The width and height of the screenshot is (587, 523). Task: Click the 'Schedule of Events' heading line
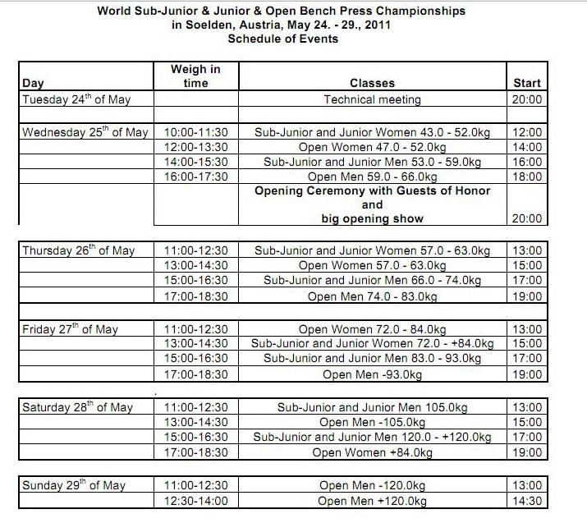coord(282,39)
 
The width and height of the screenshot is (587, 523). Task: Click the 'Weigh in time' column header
coord(195,76)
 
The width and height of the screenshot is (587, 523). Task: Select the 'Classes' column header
coord(372,83)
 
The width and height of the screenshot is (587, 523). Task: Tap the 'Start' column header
coord(526,83)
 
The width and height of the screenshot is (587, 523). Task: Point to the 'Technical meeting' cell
coord(372,99)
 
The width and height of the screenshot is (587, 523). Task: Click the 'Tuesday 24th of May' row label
coord(76,99)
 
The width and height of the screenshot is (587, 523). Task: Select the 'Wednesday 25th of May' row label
coord(85,132)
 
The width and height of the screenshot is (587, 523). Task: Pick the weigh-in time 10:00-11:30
coord(195,132)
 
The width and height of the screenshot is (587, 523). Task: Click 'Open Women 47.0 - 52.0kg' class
coord(372,147)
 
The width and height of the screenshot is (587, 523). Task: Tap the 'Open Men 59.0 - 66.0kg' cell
coord(372,177)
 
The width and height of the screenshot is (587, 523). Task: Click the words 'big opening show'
coord(372,219)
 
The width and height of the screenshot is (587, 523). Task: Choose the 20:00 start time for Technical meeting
coord(526,99)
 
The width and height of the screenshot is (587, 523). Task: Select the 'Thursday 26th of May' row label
coord(78,250)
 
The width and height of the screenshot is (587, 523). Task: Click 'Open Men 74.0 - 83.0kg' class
coord(372,296)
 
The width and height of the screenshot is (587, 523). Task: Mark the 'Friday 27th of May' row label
coord(71,329)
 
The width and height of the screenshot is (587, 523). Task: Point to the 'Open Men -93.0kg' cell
coord(372,374)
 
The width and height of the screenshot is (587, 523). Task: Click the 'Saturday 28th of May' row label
coord(77,407)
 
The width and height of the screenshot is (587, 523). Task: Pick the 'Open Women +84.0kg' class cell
coord(372,452)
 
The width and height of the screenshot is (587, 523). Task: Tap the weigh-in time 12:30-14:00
coord(195,500)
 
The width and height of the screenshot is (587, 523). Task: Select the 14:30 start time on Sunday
coord(526,500)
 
